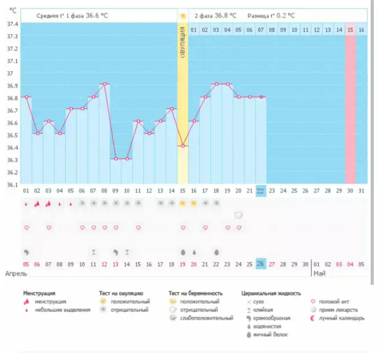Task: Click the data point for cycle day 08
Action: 104,84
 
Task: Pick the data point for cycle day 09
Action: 115,159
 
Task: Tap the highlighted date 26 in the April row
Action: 260,264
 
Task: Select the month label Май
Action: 319,274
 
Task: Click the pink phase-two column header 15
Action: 350,30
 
